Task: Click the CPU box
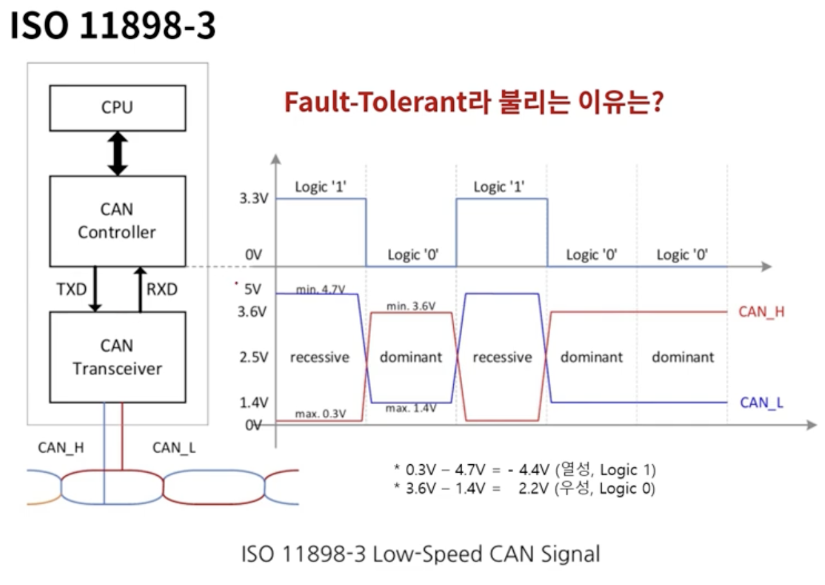(117, 107)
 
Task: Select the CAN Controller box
(117, 221)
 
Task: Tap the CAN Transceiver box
(117, 357)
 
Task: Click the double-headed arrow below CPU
(117, 153)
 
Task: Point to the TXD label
(71, 289)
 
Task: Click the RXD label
(161, 289)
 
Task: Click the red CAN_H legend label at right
(761, 312)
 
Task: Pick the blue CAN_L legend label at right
(762, 403)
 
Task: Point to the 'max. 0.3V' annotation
(321, 413)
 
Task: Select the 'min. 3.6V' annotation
(411, 305)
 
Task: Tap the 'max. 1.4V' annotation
(411, 408)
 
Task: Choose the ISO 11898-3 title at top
(112, 26)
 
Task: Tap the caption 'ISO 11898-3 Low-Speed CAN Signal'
(420, 554)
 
